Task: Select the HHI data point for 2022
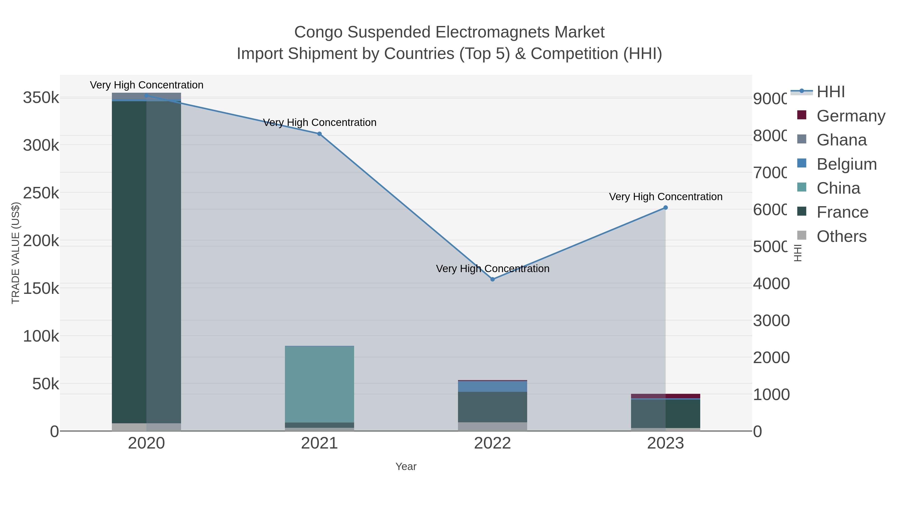492,279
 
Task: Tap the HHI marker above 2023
666,208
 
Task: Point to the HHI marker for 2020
147,96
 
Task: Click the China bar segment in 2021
319,384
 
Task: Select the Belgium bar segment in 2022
492,386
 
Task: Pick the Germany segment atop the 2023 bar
666,396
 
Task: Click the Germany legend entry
851,116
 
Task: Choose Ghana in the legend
841,140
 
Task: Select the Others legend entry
841,236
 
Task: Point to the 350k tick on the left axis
41,98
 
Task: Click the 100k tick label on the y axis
41,336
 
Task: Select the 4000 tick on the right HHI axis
771,284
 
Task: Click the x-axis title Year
406,467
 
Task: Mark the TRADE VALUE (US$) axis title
16,253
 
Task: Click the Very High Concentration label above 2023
666,197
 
